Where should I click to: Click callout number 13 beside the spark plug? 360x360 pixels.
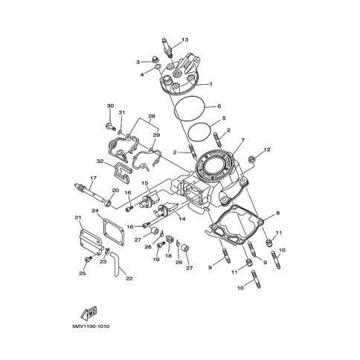click(185, 39)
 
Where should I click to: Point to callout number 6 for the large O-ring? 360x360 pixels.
click(219, 106)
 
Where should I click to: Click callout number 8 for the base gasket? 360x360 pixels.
click(277, 213)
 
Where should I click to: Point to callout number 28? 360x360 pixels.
click(152, 117)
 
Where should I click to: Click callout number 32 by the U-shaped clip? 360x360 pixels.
click(99, 161)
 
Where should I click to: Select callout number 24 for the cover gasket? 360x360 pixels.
click(95, 211)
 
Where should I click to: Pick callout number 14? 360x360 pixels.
click(181, 220)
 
